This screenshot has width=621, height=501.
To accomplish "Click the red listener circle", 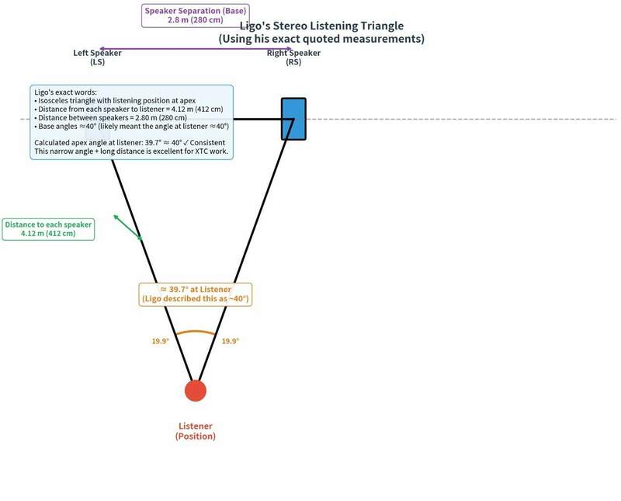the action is (x=196, y=391).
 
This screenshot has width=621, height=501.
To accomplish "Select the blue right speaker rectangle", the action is (x=293, y=119).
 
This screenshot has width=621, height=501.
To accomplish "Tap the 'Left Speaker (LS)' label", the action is (x=98, y=57).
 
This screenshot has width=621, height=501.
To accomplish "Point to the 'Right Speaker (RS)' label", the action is (x=293, y=57).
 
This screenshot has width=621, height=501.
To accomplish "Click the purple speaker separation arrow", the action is (x=196, y=49).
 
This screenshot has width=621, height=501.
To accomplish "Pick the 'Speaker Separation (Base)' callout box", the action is (x=196, y=16).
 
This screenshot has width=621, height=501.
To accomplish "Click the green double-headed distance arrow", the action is (x=127, y=227).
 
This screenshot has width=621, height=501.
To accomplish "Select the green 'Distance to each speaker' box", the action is (x=48, y=229).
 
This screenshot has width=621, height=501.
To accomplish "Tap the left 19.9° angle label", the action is (x=161, y=341).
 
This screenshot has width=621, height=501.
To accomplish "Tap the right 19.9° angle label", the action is (x=230, y=341).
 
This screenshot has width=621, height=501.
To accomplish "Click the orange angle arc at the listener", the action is (x=196, y=332).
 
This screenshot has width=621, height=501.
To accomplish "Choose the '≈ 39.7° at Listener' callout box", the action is (x=196, y=294).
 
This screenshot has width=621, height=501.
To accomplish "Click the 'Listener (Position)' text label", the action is (x=196, y=431).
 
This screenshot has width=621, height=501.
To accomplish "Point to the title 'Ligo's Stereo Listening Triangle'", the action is (x=321, y=26).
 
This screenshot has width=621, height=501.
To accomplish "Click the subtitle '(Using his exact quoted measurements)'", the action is (x=321, y=39).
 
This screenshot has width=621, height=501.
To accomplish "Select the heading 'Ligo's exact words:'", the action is (x=65, y=92).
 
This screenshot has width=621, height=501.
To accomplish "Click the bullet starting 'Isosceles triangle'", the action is (x=115, y=101).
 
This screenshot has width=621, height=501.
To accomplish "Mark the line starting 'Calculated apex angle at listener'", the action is (x=130, y=143).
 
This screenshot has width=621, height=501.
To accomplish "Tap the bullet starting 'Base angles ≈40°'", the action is (x=131, y=127).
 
